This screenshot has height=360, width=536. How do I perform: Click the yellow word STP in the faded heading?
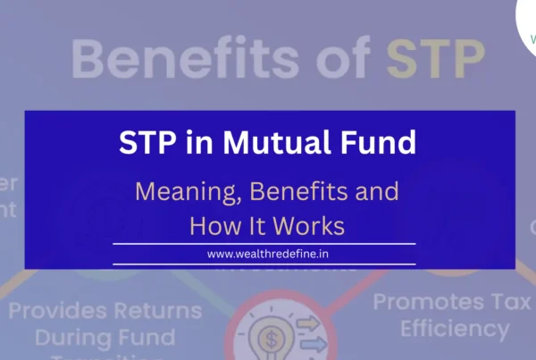tap(435, 58)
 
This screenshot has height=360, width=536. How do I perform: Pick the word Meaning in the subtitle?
tap(188, 191)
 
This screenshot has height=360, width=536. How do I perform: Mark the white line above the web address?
tap(264, 243)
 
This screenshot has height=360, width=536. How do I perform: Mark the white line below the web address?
tap(264, 264)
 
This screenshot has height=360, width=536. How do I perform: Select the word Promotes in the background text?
tap(424, 301)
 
